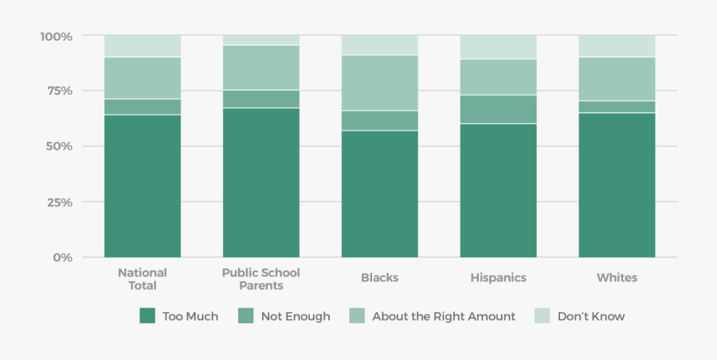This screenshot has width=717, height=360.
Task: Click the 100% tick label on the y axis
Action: point(56,36)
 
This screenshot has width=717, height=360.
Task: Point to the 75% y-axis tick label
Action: point(59,91)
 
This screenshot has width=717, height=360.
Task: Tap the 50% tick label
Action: point(59,147)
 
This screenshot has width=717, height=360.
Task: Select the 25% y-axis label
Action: point(59,202)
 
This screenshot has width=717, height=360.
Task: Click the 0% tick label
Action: point(63,257)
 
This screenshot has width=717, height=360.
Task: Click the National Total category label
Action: point(143,279)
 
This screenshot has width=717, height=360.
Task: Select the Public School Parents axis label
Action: point(261,279)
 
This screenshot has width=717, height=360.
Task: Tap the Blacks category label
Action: point(380,278)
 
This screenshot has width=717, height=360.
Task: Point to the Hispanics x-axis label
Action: point(499,278)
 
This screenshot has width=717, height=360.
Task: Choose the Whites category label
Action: point(617,278)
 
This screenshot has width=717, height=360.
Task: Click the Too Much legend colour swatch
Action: point(147,316)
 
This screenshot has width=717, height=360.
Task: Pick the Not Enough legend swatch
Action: point(246,316)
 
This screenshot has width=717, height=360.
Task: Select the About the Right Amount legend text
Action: point(444,316)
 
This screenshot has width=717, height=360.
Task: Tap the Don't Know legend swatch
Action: point(543,316)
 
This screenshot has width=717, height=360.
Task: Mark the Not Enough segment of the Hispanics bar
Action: point(499,109)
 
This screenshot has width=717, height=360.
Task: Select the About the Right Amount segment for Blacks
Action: point(380,83)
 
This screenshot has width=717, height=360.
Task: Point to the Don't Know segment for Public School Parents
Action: point(261,40)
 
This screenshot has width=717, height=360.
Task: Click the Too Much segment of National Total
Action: point(143,186)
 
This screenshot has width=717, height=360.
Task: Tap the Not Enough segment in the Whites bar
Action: point(617,107)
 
